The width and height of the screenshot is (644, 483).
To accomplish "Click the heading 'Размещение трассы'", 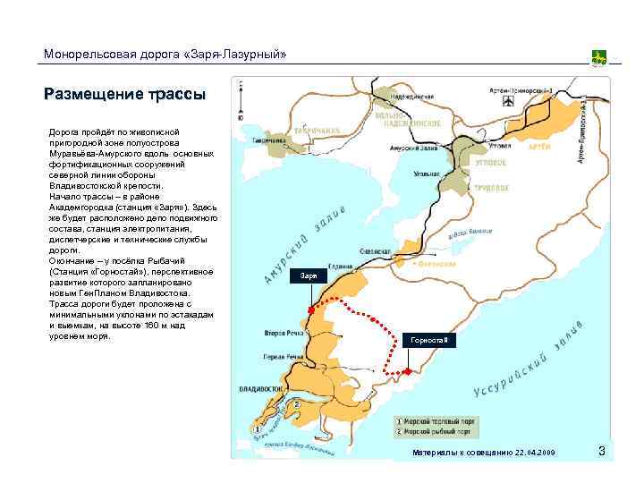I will (x=125, y=93).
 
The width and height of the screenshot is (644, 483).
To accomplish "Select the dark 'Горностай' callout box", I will (x=430, y=341).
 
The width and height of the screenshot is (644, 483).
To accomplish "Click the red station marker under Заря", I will (x=310, y=309).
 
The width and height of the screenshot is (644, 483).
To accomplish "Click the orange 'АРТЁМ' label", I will (x=539, y=146).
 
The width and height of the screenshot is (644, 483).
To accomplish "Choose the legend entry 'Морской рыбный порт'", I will (x=438, y=430).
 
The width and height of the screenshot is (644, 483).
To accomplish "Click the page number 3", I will (x=602, y=452).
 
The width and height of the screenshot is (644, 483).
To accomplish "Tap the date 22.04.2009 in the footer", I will (x=535, y=453).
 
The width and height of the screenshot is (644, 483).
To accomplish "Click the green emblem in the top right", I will (x=599, y=58).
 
